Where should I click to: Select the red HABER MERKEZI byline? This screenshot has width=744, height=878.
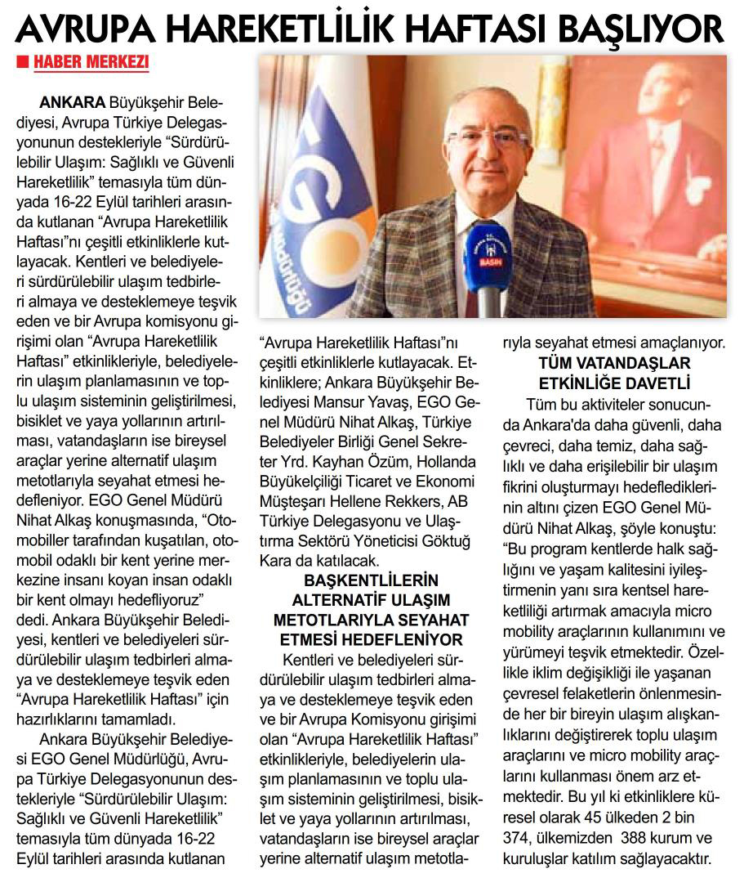pos(90,63)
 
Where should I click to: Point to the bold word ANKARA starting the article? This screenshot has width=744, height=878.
pos(73,104)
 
